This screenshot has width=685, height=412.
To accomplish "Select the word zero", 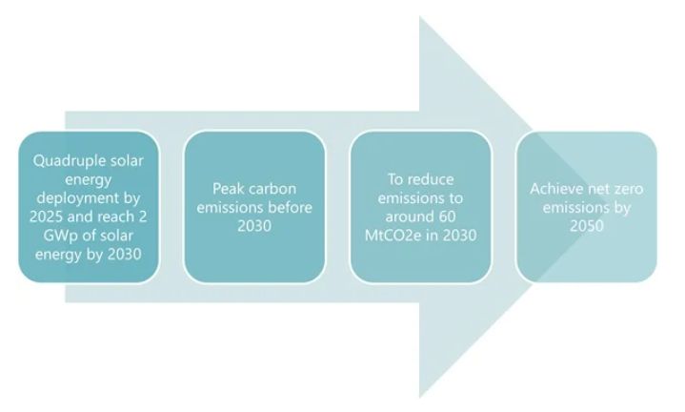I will point(628,189).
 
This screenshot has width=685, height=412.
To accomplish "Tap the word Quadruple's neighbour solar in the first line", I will point(128,159).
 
